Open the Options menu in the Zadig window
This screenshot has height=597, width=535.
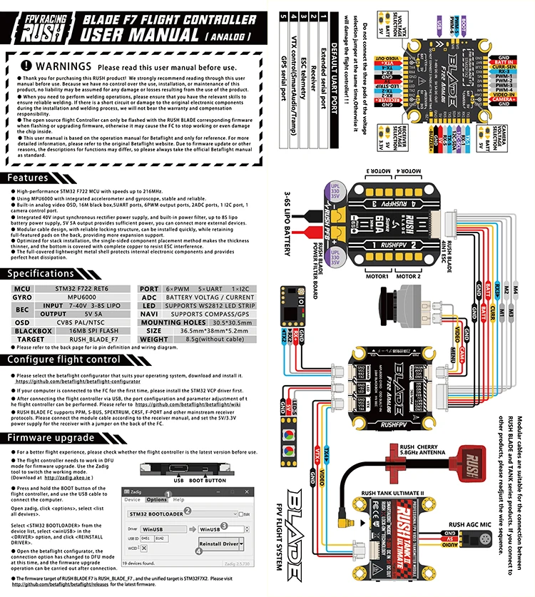(x=156, y=500)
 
